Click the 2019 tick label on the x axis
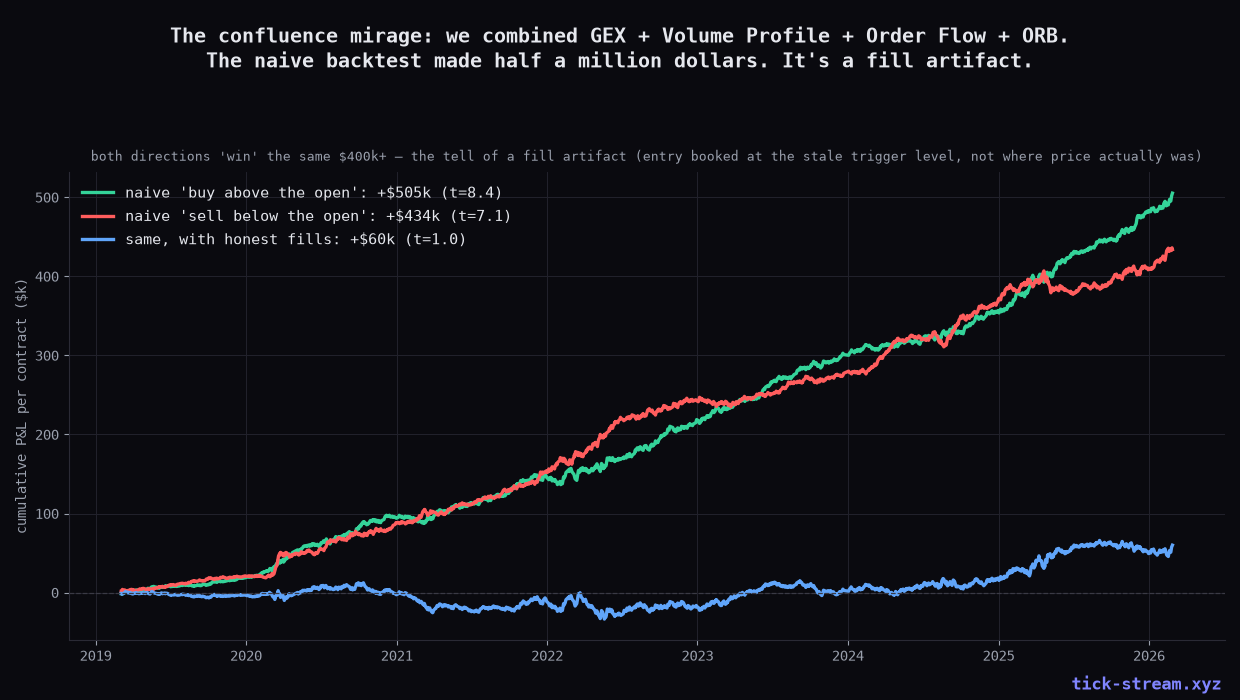click(x=96, y=656)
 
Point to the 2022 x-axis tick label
click(x=547, y=656)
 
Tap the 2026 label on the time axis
click(x=1149, y=656)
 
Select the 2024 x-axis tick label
click(x=848, y=656)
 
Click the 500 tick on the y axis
click(x=46, y=198)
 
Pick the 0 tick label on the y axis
click(x=55, y=593)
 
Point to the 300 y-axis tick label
click(x=46, y=356)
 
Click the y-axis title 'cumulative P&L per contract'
click(x=22, y=406)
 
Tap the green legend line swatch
click(x=98, y=193)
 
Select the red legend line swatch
click(x=98, y=216)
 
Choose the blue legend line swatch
click(x=98, y=239)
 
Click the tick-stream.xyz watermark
click(x=1146, y=684)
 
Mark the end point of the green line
click(x=1172, y=193)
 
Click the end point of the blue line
click(x=1172, y=545)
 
